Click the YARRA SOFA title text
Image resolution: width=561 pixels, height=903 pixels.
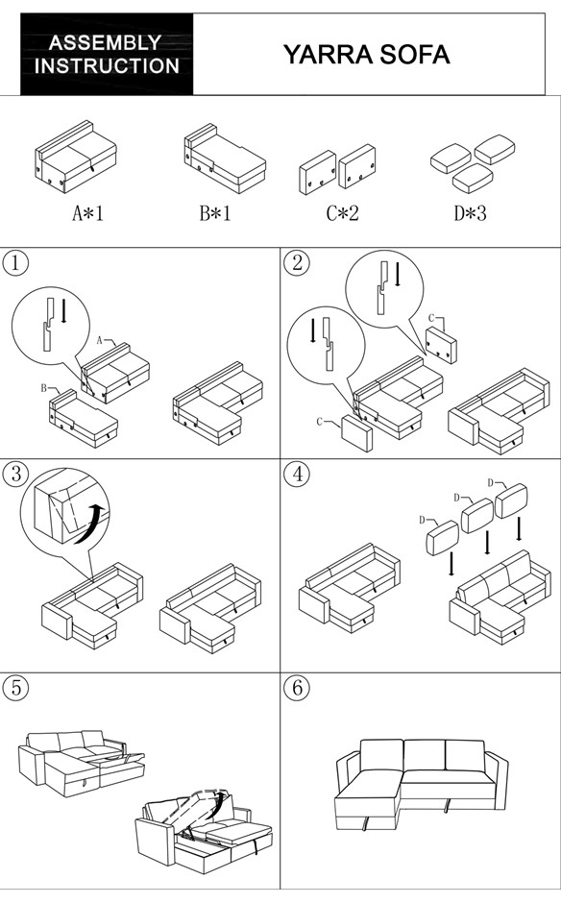366,55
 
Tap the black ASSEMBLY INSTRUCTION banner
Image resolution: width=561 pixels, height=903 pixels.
108,54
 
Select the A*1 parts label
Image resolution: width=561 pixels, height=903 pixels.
87,213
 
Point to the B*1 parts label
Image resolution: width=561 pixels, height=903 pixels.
215,213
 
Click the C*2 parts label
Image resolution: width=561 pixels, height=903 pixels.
342,213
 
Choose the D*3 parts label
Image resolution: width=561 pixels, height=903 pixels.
470,213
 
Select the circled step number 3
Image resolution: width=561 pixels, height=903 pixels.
15,474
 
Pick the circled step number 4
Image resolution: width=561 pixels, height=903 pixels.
297,474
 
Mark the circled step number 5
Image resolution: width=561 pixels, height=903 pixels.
15,687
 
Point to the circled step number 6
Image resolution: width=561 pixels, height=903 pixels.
297,687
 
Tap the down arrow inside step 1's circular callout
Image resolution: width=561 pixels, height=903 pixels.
64,311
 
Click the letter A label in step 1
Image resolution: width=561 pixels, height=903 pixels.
99,340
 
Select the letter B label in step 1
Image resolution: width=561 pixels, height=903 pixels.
44,388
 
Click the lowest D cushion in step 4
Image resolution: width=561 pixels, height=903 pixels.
442,537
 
